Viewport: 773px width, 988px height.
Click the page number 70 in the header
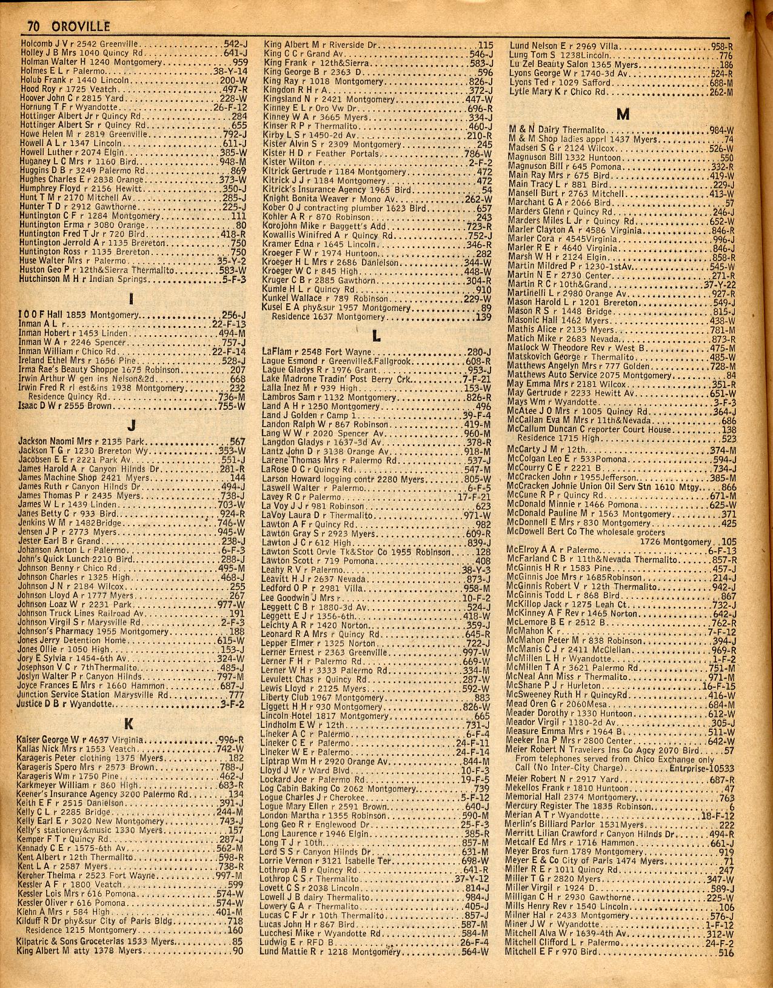(x=32, y=27)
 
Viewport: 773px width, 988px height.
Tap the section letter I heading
(x=131, y=298)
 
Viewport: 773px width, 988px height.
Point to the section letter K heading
(x=129, y=723)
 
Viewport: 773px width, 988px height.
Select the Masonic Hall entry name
(x=529, y=321)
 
